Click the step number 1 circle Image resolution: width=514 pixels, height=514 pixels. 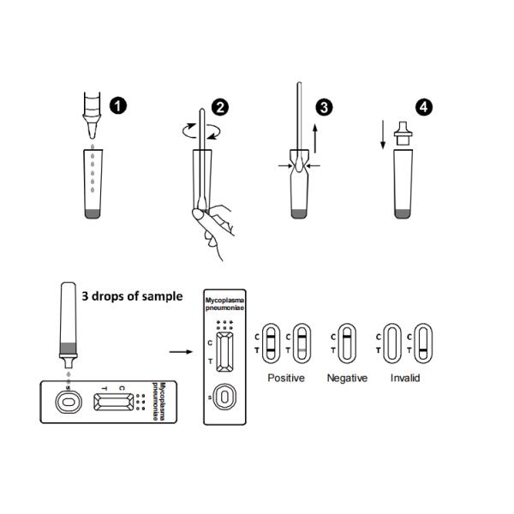pos(118,106)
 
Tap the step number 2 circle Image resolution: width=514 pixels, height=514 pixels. pos(220,108)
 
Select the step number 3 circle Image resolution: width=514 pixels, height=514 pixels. pos(324,108)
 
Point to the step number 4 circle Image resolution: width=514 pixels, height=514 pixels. pos(424,107)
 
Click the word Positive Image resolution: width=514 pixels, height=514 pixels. pos(286,378)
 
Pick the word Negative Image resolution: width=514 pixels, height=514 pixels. pos(347,378)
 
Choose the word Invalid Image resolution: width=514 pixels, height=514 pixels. pos(405,378)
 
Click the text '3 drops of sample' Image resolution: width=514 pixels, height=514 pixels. pos(132,296)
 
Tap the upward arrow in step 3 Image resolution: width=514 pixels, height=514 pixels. pos(315,139)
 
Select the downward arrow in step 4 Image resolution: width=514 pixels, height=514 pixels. pos(383,134)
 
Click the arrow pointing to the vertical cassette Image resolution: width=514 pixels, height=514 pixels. pos(181,352)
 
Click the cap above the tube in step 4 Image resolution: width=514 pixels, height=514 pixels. pos(403,134)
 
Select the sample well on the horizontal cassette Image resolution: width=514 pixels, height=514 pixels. pos(69,403)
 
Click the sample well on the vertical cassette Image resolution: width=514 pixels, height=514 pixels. pos(224,397)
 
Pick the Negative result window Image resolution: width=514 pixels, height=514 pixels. pos(347,344)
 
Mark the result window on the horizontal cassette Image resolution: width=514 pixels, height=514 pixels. pos(114,402)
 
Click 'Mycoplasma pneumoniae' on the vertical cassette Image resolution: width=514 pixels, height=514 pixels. pos(224,304)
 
